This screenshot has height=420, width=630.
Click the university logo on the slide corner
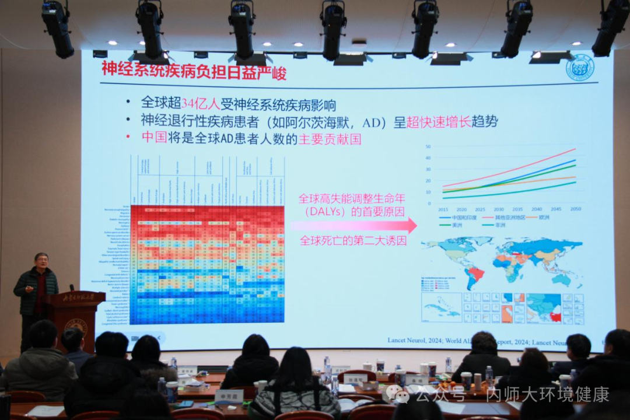point(580,68)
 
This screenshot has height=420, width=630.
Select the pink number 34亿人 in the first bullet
point(201,104)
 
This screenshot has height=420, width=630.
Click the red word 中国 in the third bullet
point(154,138)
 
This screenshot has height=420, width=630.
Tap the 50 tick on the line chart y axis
point(428,146)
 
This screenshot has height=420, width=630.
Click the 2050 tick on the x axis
point(576,209)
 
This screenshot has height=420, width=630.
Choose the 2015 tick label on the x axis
point(443,209)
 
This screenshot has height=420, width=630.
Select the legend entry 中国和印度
point(464,218)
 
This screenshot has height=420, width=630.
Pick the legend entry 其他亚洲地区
point(510,218)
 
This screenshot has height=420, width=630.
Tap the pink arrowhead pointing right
point(412,225)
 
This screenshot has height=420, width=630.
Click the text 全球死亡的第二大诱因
point(353,240)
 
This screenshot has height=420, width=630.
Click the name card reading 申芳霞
point(229,395)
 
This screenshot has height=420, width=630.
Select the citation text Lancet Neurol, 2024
point(415,340)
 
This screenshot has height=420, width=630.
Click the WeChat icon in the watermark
point(401,395)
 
